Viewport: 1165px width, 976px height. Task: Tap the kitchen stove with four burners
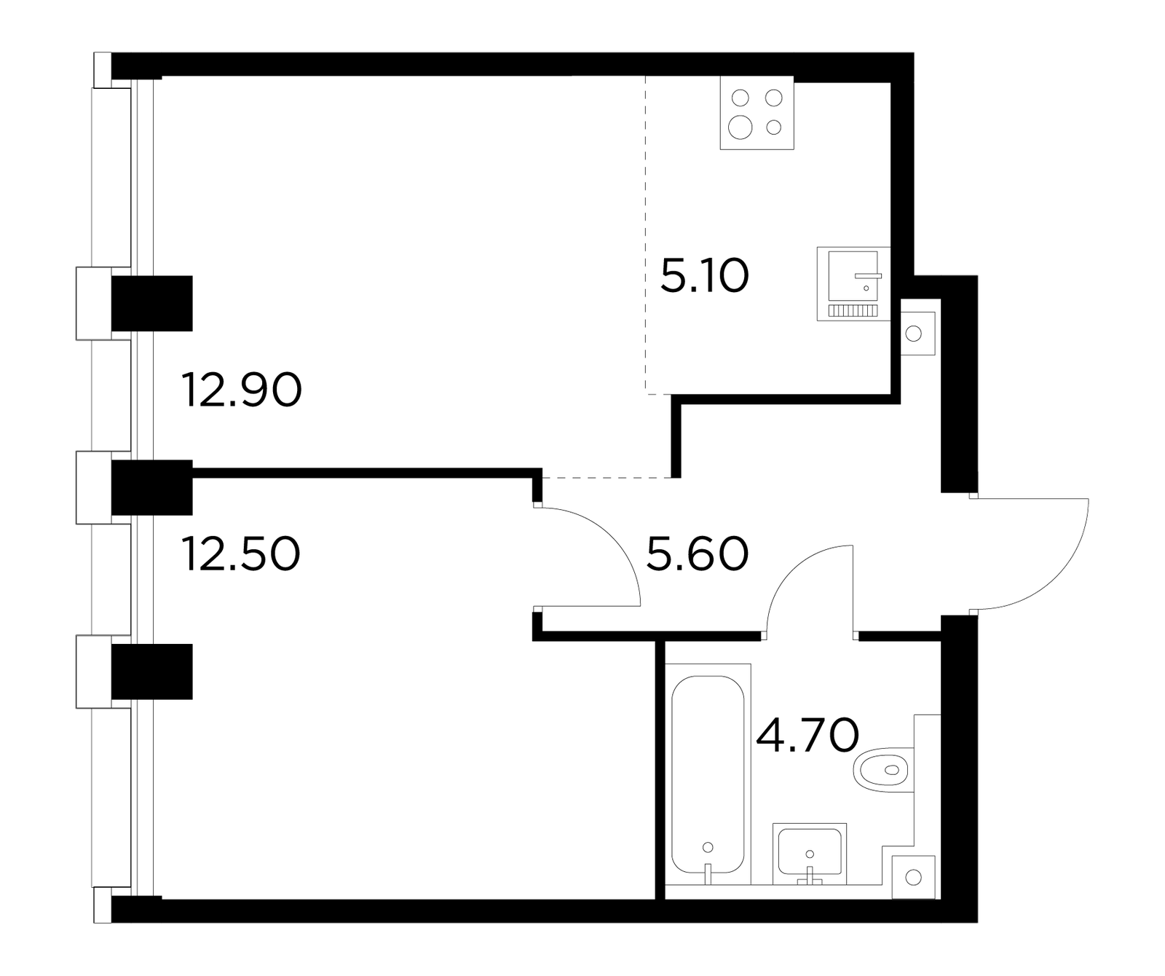757,113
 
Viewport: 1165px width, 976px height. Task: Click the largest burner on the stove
741,127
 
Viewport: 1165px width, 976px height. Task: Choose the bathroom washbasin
810,851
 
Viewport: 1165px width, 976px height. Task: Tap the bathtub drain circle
708,847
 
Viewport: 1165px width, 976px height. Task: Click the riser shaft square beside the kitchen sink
917,334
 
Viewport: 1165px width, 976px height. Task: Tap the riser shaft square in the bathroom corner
914,877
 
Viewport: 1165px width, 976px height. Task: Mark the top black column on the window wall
151,303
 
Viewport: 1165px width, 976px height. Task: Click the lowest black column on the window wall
151,672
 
